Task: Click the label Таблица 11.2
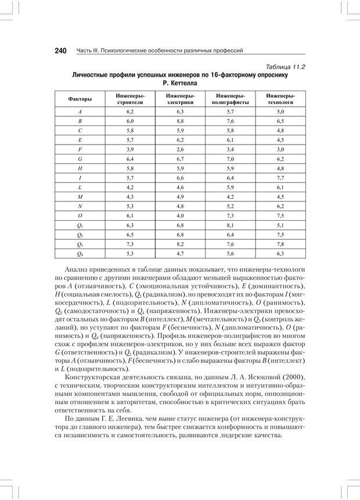point(284,67)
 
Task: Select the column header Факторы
point(80,99)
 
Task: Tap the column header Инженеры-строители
point(130,98)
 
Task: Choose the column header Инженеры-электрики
point(179,98)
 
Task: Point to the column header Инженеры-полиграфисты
point(230,98)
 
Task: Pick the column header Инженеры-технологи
point(280,98)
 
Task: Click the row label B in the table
point(80,121)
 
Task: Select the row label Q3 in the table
point(80,244)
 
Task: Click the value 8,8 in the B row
point(179,121)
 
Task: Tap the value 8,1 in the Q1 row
point(230,225)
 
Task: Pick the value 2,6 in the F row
point(179,150)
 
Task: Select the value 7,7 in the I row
point(280,178)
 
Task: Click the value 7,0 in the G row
point(230,159)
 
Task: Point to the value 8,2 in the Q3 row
point(179,244)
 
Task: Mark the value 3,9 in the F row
point(130,150)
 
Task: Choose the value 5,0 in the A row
point(280,111)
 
